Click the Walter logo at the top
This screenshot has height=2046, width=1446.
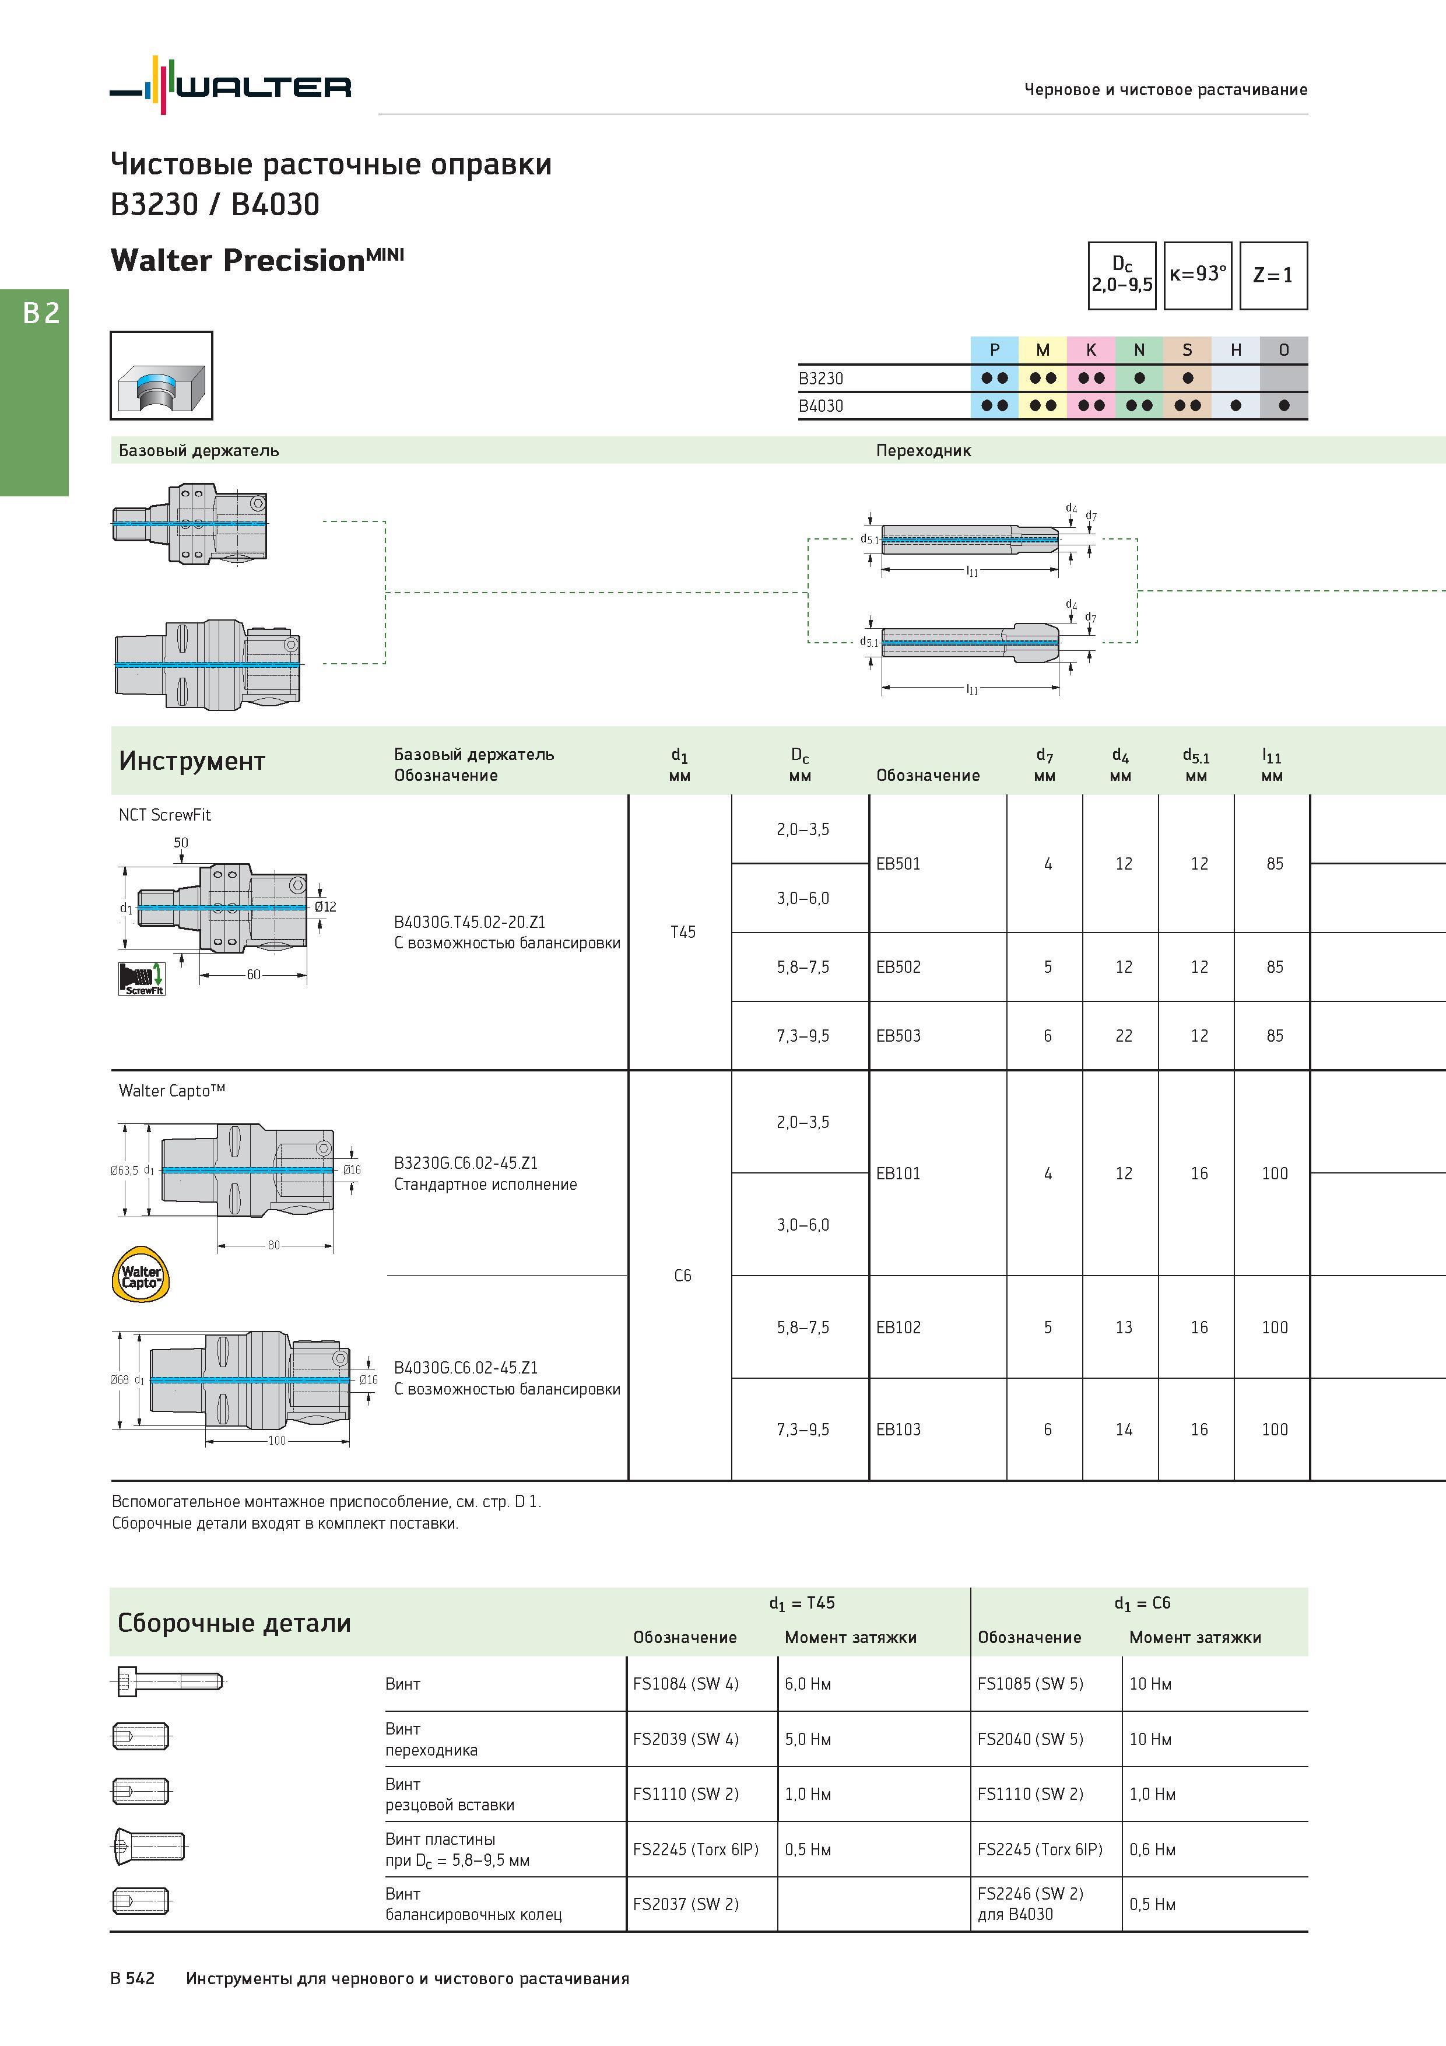[x=230, y=86]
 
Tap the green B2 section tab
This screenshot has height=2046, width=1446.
[x=34, y=392]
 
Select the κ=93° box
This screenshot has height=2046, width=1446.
[x=1198, y=275]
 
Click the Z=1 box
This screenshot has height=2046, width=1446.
[x=1273, y=275]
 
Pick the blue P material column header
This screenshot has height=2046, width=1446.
[x=994, y=350]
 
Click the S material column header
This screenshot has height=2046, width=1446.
[x=1187, y=350]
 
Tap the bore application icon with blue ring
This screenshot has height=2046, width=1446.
[x=162, y=375]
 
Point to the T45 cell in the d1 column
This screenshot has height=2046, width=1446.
[x=682, y=932]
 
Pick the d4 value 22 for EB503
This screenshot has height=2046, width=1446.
[x=1124, y=1035]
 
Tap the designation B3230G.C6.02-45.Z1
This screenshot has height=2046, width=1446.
[x=466, y=1163]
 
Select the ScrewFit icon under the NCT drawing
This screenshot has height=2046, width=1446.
[x=142, y=979]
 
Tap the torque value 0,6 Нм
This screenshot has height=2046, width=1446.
[x=1152, y=1849]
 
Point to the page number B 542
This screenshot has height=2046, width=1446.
[x=133, y=1978]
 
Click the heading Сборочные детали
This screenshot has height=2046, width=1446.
[x=234, y=1623]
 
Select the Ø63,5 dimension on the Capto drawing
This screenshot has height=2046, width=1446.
[x=124, y=1170]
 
